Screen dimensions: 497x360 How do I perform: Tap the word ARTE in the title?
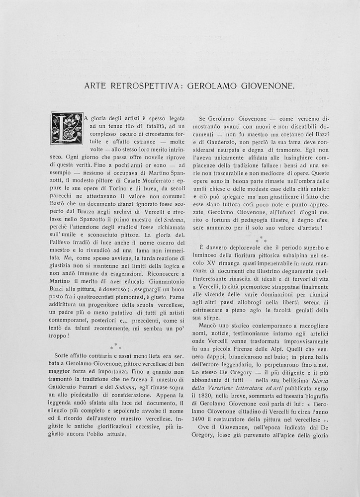pyautogui.click(x=95, y=85)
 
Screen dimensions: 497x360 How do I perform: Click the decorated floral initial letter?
pyautogui.click(x=67, y=128)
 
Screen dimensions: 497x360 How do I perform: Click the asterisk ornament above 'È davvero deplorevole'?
pyautogui.click(x=261, y=239)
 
